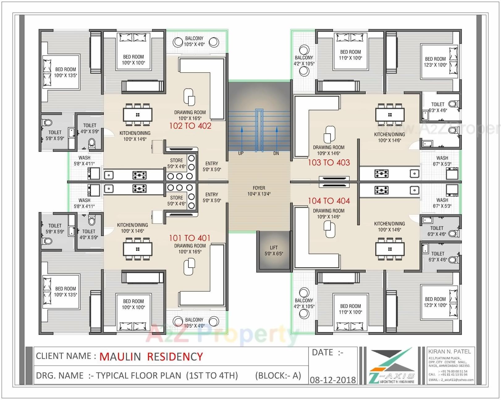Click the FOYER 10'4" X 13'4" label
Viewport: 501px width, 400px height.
click(x=259, y=191)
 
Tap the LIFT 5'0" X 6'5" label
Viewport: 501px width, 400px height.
click(x=274, y=251)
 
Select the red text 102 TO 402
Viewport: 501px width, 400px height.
click(x=190, y=126)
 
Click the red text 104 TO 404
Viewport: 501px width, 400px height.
click(x=329, y=201)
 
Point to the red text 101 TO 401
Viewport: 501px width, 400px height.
click(x=189, y=238)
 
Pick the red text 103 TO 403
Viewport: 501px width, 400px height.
click(x=329, y=163)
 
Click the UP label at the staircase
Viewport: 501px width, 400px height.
click(x=241, y=153)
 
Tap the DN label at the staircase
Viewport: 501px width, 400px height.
click(x=276, y=153)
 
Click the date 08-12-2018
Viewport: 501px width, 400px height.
click(x=333, y=380)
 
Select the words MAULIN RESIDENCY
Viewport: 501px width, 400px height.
click(x=151, y=357)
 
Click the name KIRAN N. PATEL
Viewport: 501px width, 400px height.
click(x=449, y=352)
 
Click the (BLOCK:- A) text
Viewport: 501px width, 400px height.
click(x=278, y=376)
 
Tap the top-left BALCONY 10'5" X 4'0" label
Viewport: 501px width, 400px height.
click(x=194, y=41)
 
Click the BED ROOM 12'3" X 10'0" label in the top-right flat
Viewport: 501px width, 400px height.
click(x=435, y=62)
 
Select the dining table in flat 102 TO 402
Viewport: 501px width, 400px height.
click(x=138, y=115)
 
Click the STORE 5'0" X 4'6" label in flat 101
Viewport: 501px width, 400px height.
click(x=176, y=201)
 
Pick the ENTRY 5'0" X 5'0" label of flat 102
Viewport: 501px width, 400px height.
click(x=212, y=166)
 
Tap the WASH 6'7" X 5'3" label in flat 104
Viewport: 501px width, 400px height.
click(x=442, y=203)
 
